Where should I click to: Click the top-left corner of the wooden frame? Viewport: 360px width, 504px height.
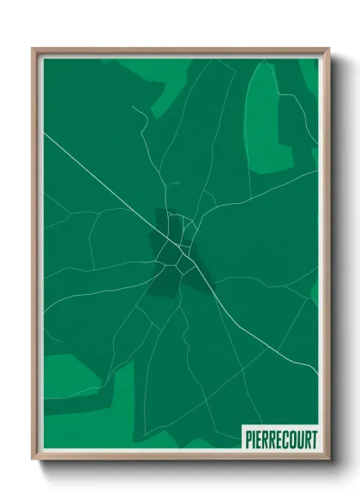[x=33, y=49]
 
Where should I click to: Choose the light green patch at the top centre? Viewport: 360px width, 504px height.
[x=167, y=81]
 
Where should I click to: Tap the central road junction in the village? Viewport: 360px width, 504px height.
[x=181, y=248]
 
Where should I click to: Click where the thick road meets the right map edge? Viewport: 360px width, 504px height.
[x=318, y=374]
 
